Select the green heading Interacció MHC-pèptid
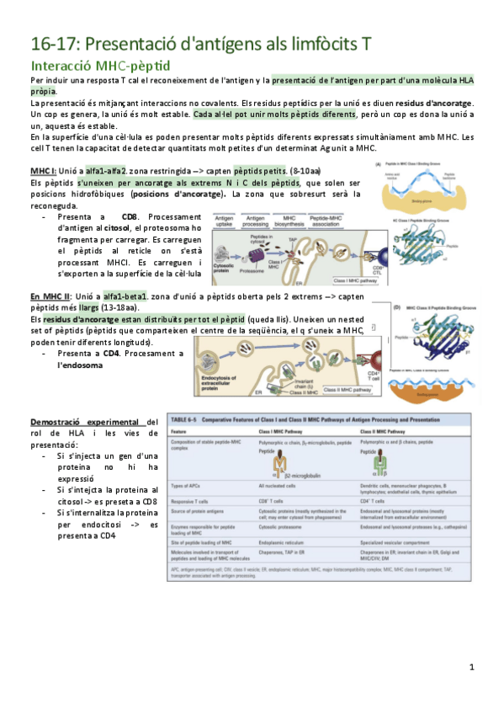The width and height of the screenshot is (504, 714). tap(100, 65)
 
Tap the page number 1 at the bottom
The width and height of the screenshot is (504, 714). tap(472, 667)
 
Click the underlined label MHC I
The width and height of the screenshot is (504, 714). tap(43, 170)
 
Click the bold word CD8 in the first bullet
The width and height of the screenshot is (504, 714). tap(129, 216)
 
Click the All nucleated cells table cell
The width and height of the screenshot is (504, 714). tap(281, 486)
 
